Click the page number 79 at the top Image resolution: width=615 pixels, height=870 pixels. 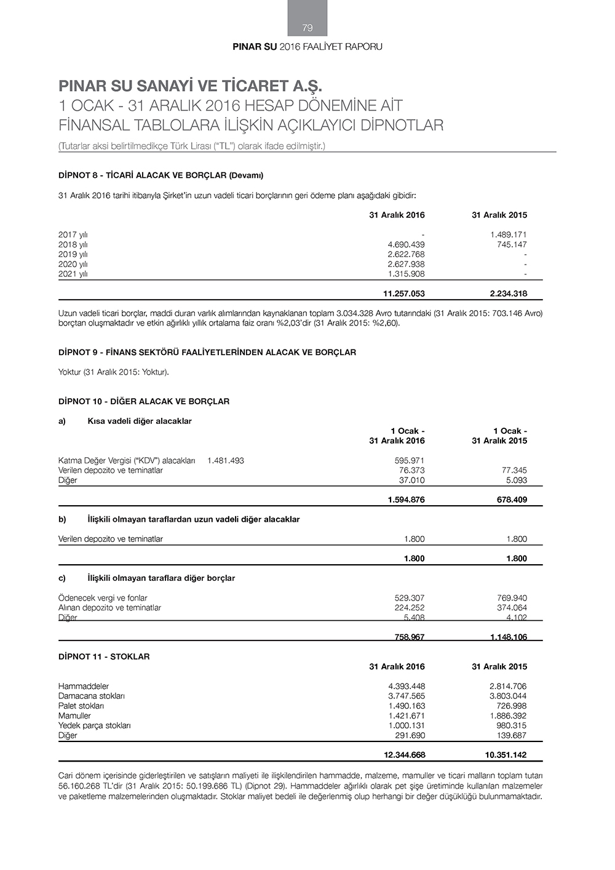pos(307,28)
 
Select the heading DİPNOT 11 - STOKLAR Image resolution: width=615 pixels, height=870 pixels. pos(104,656)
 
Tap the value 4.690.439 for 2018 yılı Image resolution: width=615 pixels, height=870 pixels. pos(406,244)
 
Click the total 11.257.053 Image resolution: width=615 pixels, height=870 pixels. pos(403,293)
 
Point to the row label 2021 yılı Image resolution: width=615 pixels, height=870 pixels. pos(73,274)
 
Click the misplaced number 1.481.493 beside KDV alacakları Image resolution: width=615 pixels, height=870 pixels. pos(226,460)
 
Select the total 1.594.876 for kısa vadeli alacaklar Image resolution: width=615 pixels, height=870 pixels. pos(406,500)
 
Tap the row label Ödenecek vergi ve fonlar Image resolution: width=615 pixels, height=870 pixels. pos(103,597)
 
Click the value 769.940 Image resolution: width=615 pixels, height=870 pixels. pos(512,597)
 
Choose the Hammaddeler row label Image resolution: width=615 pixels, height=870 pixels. pos(84,686)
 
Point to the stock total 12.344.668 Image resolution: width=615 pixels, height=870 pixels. pos(404,755)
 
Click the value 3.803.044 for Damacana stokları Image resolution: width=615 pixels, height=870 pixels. pos(508,696)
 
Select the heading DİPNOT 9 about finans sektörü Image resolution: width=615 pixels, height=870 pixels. pos(207,353)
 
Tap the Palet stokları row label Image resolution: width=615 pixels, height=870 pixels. pos(81,706)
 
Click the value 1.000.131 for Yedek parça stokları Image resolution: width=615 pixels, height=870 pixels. pos(407,725)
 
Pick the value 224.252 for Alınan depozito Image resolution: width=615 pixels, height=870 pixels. pos(409,607)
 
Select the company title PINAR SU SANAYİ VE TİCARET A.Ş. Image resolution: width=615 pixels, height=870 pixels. pos(190,86)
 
